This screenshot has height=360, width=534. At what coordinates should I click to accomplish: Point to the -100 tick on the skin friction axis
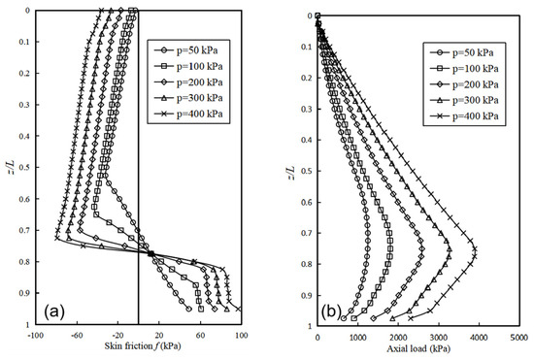[35, 335]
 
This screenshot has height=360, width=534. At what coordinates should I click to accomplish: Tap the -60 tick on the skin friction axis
[76, 335]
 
